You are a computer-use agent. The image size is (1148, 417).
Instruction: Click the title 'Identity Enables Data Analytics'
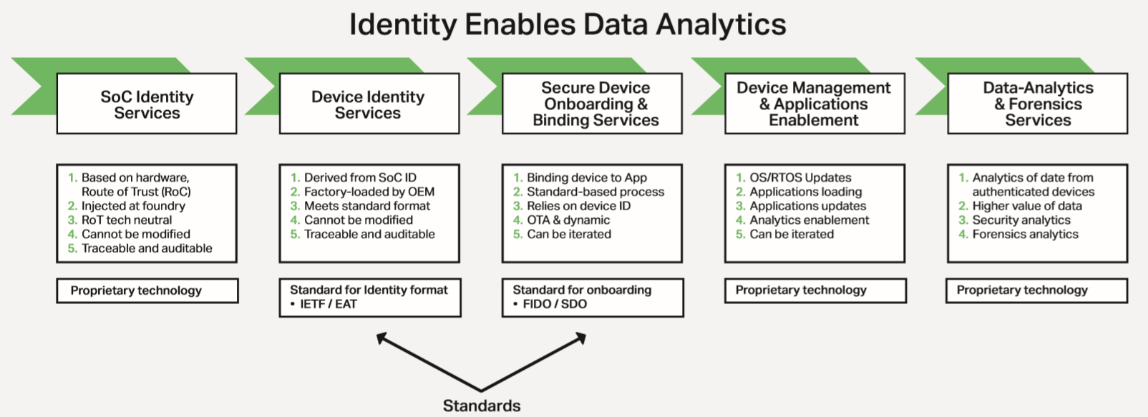[x=568, y=24]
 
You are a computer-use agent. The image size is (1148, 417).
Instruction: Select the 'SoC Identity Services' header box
[x=147, y=104]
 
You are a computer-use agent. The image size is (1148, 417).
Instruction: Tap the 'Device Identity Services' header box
[x=369, y=104]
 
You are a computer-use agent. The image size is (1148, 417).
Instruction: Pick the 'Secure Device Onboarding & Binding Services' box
[x=592, y=104]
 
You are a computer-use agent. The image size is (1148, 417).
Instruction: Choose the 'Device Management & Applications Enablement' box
[x=815, y=104]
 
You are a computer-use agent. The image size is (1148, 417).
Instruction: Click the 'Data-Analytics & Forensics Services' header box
[x=1038, y=104]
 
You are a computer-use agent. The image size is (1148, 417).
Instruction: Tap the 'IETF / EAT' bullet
[x=324, y=304]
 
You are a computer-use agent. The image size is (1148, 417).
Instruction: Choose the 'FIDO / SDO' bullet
[x=550, y=304]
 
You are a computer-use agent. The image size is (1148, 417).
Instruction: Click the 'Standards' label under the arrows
[x=482, y=406]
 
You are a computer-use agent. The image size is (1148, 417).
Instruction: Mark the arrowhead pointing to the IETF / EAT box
[x=380, y=337]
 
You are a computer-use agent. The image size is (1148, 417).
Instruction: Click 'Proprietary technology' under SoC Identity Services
[x=136, y=290]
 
